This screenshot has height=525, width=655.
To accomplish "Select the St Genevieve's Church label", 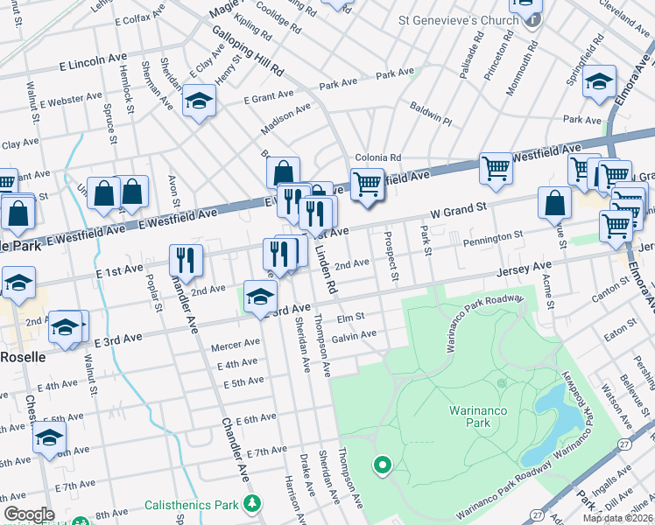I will pos(447,19).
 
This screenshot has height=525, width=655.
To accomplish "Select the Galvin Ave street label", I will pos(354,333).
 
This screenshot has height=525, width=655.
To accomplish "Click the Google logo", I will pos(29,514).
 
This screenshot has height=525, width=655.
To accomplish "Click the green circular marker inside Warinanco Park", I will pos(381,465).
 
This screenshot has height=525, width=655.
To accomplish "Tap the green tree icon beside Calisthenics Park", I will pos(252,503).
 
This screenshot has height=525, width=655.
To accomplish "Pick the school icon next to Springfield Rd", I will pos(600,83).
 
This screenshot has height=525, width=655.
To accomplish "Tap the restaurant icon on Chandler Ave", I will pos(186,258).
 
